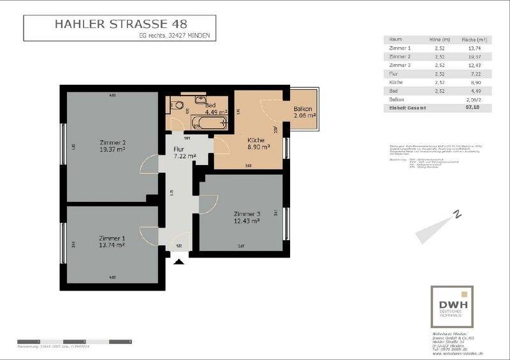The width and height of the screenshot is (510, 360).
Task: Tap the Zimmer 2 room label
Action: tap(112, 142)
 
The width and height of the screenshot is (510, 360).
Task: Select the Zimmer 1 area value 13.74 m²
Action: tap(112, 245)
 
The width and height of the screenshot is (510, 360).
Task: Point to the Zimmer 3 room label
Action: tap(247, 213)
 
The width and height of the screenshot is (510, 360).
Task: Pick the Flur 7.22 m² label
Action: tap(179, 150)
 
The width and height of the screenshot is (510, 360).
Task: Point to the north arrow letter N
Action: tap(457, 215)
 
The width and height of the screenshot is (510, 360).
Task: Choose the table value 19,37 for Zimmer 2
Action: tap(470, 57)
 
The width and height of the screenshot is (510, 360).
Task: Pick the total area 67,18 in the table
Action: tap(469, 108)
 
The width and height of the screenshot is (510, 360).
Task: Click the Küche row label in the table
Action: tap(395, 83)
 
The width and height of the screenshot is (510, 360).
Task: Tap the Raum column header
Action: tap(395, 39)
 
